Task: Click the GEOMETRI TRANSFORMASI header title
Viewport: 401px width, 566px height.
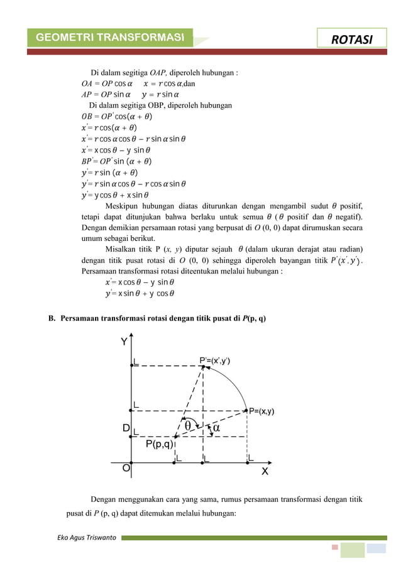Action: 110,38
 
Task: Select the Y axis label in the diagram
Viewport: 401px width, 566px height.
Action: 124,342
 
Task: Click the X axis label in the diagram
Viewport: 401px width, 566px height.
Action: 265,472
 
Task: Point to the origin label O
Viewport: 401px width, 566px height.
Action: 126,468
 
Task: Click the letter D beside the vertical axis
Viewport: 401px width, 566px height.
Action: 126,429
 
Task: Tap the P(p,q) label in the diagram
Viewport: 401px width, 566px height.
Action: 159,444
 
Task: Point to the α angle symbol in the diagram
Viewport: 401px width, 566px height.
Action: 216,427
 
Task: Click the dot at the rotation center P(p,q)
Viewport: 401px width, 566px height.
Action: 175,435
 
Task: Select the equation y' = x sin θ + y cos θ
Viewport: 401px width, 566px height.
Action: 140,292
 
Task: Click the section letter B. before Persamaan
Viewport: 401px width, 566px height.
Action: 53,318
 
